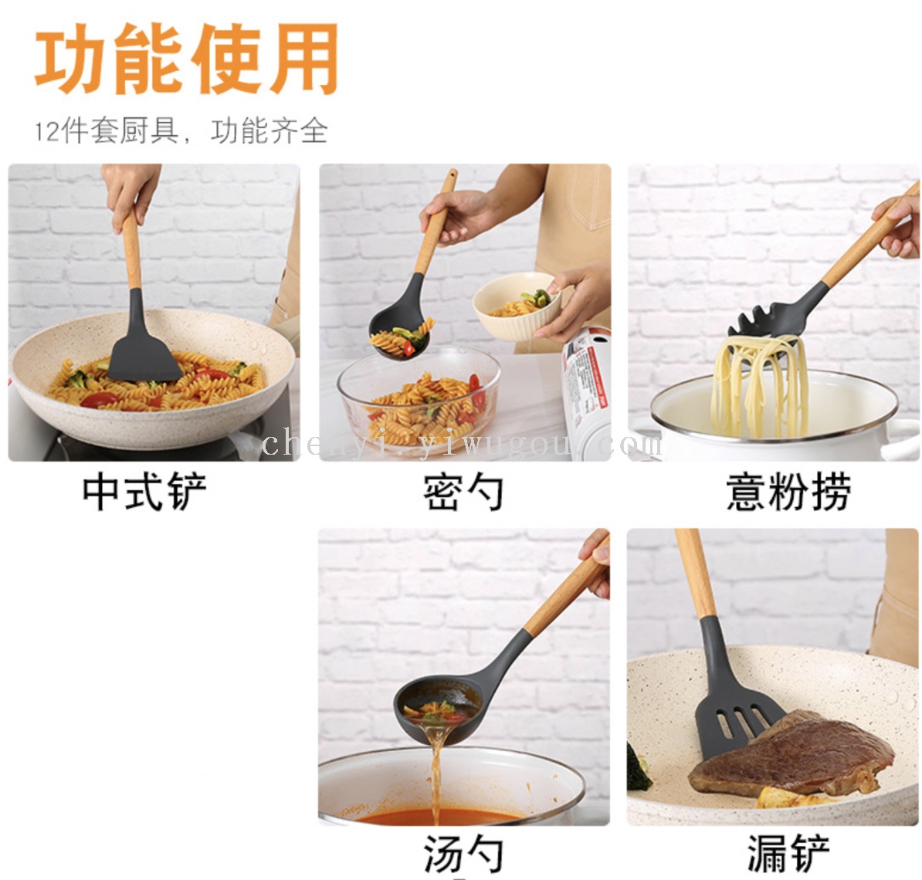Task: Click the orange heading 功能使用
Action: point(187,59)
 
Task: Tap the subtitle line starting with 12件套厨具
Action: point(181,130)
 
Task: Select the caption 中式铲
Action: point(144,492)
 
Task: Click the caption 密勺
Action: point(463,492)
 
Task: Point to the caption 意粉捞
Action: point(788,492)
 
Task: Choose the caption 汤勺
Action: point(463,854)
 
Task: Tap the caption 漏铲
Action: point(788,854)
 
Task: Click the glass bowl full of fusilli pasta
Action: point(419,400)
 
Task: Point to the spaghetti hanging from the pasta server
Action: point(758,385)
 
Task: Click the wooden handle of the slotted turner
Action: point(695,573)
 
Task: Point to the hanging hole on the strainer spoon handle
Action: point(452,174)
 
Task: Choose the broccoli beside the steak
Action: point(638,767)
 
